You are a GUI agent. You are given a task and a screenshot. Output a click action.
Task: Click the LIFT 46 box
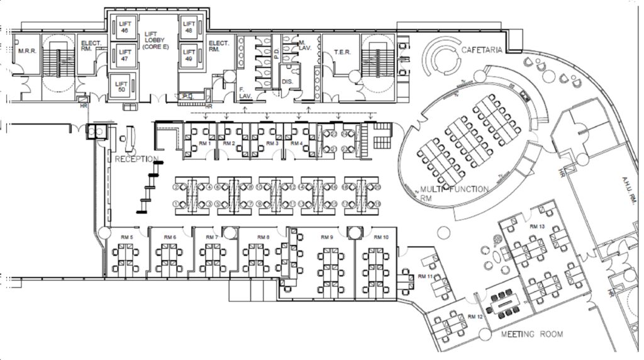[x=124, y=26]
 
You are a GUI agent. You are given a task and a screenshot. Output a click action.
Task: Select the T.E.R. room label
[x=342, y=53]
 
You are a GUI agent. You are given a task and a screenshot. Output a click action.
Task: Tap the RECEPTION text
[x=136, y=159]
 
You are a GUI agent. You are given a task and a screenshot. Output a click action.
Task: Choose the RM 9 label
[x=326, y=237]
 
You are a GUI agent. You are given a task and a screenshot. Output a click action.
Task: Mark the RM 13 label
[x=537, y=226]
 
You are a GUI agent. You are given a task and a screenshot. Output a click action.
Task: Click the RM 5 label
[x=127, y=237]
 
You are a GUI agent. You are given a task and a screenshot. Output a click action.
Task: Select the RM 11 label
[x=425, y=276]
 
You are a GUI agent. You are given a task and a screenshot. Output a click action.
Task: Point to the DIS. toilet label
[x=287, y=81]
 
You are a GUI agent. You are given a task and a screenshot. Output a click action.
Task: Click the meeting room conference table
[x=505, y=305]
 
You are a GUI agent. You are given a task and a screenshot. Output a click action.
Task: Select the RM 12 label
[x=475, y=316]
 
